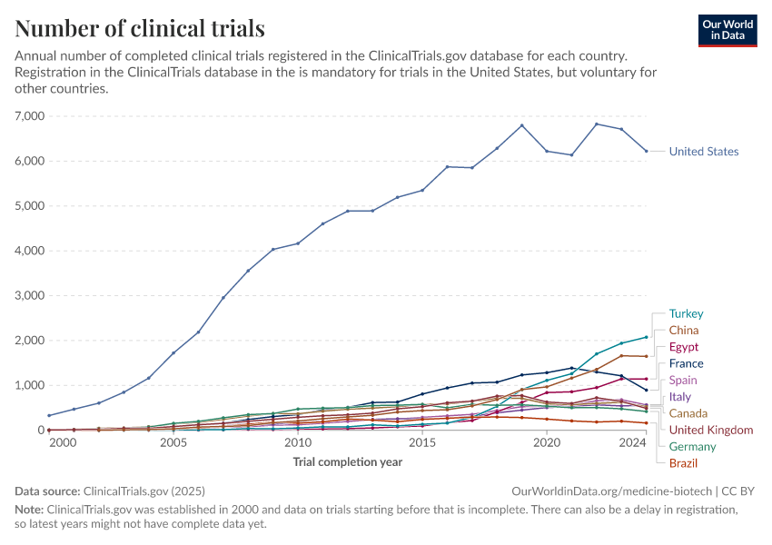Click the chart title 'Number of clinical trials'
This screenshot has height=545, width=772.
tap(140, 28)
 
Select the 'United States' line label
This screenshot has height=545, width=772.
tap(703, 152)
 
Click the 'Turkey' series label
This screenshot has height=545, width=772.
tap(686, 314)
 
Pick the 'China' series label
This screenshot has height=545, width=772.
tap(684, 331)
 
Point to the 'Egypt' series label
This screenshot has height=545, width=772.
tap(684, 347)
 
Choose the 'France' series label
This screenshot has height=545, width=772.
tap(686, 363)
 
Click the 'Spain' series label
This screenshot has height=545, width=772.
tap(683, 381)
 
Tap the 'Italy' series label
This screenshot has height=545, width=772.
tap(680, 397)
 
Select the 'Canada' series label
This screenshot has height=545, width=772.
tap(688, 413)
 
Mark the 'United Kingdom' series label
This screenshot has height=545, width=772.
tap(710, 430)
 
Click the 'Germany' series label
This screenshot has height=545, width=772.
tap(692, 447)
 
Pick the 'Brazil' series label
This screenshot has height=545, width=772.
tap(683, 463)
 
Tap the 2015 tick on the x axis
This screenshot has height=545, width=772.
tap(421, 443)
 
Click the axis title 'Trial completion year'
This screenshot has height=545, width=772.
tap(347, 462)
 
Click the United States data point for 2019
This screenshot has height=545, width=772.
tap(521, 125)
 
